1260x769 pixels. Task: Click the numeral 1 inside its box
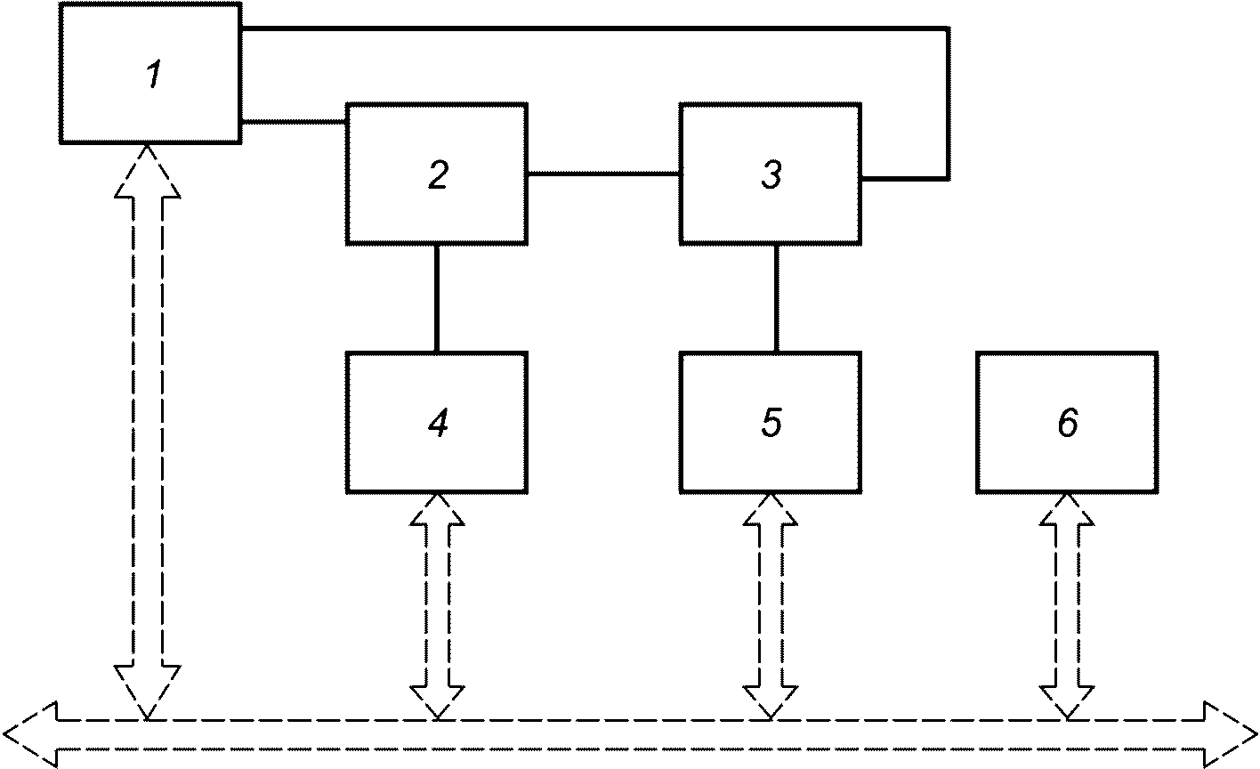[x=153, y=74]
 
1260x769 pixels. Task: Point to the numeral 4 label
[x=438, y=423]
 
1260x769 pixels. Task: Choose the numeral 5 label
[x=771, y=423]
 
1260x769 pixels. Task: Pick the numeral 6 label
[x=1068, y=423]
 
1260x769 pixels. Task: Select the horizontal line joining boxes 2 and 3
[x=603, y=174]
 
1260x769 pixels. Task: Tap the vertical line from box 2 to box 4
[x=437, y=299]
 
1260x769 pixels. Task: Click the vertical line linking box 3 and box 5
[x=776, y=299]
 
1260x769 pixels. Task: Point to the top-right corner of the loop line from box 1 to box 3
[x=949, y=28]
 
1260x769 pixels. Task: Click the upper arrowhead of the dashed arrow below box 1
[x=148, y=172]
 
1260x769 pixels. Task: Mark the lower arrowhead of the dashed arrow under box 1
[x=148, y=692]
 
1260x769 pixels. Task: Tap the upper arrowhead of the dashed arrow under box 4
[x=437, y=509]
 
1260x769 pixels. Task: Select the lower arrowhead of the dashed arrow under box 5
[x=771, y=702]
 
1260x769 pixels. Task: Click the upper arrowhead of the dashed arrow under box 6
[x=1067, y=509]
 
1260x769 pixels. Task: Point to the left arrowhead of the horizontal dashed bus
[x=30, y=735]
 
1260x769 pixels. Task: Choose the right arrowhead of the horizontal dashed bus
[x=1230, y=735]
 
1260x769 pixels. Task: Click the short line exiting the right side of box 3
[x=904, y=179]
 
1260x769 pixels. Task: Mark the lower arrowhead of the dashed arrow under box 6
[x=1067, y=702]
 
